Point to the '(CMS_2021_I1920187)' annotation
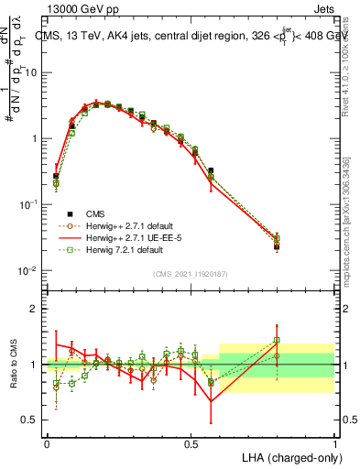[191, 272]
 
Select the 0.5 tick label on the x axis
[191, 443]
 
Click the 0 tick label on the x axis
[47, 443]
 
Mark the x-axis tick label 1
[335, 443]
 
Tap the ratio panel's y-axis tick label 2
[33, 309]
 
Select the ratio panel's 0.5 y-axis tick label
[29, 420]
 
